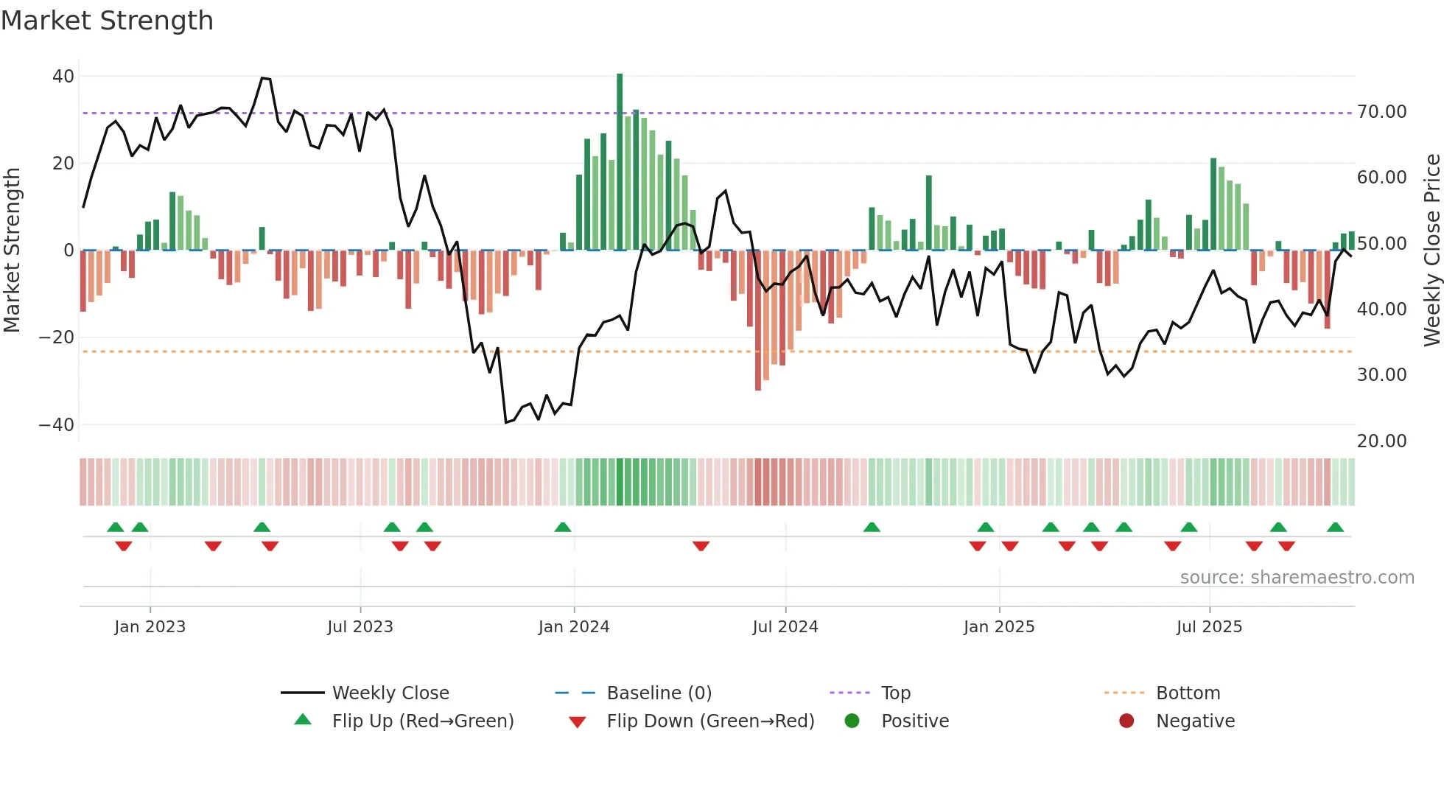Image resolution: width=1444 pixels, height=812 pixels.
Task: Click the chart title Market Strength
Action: (x=107, y=21)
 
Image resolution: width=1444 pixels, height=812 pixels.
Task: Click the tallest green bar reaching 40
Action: (x=620, y=162)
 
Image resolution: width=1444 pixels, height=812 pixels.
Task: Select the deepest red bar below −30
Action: (x=758, y=321)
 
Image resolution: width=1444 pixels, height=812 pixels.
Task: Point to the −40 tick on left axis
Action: (x=57, y=425)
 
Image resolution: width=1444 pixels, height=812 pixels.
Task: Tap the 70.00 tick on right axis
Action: (x=1381, y=112)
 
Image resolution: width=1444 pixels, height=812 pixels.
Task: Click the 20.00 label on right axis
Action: (x=1381, y=441)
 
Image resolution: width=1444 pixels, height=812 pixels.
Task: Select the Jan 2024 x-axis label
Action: (x=574, y=627)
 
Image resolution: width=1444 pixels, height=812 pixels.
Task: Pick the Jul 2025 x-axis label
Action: (x=1209, y=627)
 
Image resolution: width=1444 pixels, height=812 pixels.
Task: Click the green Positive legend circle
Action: (x=852, y=721)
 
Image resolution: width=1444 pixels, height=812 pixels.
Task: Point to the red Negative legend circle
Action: (x=1126, y=721)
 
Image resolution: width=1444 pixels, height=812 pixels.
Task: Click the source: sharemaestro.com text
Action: (x=1297, y=578)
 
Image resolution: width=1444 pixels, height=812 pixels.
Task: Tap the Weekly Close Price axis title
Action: (x=1431, y=251)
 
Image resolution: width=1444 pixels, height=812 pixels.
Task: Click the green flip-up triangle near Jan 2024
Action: (x=563, y=528)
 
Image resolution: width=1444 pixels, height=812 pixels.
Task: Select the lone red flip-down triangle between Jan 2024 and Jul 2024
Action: (x=701, y=546)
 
